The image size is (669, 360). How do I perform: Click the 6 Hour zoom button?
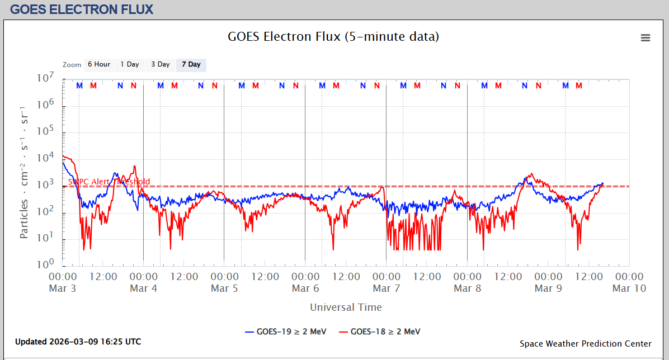(98, 64)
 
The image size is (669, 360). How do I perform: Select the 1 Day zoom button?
(130, 64)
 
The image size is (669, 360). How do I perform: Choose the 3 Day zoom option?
(161, 64)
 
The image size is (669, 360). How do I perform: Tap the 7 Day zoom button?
(191, 64)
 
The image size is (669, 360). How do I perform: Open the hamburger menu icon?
(646, 37)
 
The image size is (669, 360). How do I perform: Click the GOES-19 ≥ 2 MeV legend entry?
(285, 331)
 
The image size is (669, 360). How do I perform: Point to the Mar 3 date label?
(63, 288)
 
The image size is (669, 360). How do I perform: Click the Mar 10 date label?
(629, 288)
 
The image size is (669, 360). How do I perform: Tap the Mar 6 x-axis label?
(305, 288)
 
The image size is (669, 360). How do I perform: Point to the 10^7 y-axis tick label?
(44, 78)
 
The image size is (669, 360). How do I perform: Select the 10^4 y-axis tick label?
(44, 158)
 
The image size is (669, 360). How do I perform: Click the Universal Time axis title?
(346, 307)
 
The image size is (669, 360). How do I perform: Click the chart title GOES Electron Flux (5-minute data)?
(333, 37)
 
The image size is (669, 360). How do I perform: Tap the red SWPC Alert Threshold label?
(109, 182)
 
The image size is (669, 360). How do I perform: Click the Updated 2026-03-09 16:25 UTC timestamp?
(78, 342)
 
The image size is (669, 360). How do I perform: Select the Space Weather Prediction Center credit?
(585, 344)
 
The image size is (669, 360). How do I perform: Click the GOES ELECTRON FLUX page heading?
(82, 10)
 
